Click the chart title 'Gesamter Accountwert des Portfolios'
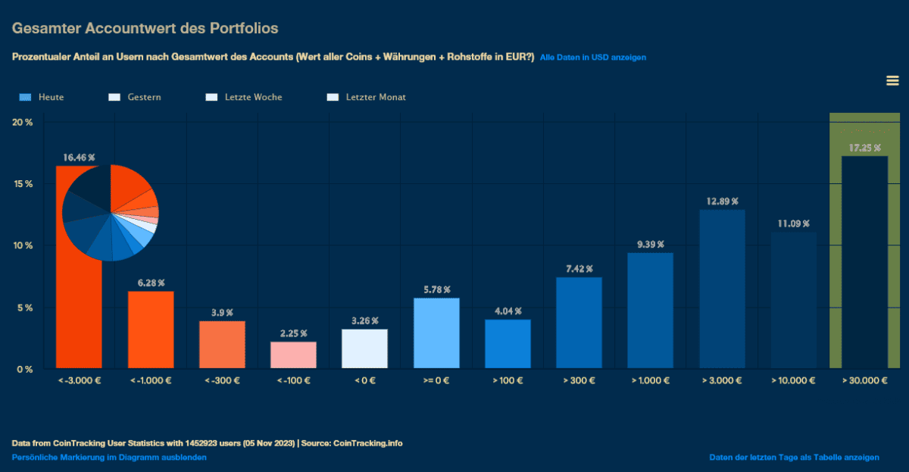145,29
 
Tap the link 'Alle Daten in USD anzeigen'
592,58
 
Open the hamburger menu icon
892,81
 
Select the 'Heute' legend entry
42,97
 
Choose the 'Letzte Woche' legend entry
243,97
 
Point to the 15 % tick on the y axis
22,184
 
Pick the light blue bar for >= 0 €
436,333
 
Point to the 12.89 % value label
722,201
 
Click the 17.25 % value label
864,148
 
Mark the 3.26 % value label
364,320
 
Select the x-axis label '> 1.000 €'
650,380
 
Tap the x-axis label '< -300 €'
222,380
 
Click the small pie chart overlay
111,212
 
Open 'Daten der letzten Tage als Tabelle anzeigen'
794,458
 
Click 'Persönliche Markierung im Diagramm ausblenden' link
109,458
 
